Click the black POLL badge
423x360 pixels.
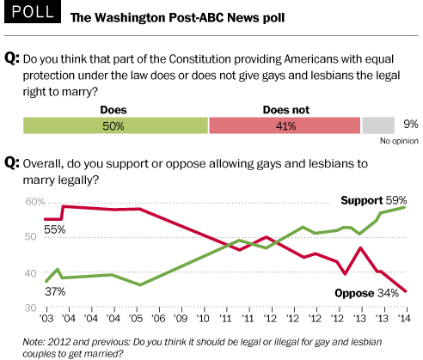pos(33,11)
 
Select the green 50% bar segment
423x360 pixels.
pos(115,125)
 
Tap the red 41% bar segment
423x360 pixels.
pos(285,125)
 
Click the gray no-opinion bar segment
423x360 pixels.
pos(378,125)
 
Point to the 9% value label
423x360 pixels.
pos(411,124)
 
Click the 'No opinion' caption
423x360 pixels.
pos(399,141)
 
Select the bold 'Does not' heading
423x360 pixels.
pos(286,110)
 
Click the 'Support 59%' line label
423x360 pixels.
pos(374,200)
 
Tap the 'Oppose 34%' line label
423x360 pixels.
pos(366,293)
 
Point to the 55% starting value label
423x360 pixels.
pos(55,229)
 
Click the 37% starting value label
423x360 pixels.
pos(55,291)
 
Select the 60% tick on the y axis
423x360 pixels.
pos(35,202)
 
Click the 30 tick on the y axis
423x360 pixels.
pos(31,308)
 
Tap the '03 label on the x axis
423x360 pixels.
pos(46,318)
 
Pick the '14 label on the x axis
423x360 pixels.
pos(404,318)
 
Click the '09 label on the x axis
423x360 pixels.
pos(181,318)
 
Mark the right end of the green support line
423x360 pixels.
pos(405,207)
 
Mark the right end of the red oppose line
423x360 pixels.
pos(406,291)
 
